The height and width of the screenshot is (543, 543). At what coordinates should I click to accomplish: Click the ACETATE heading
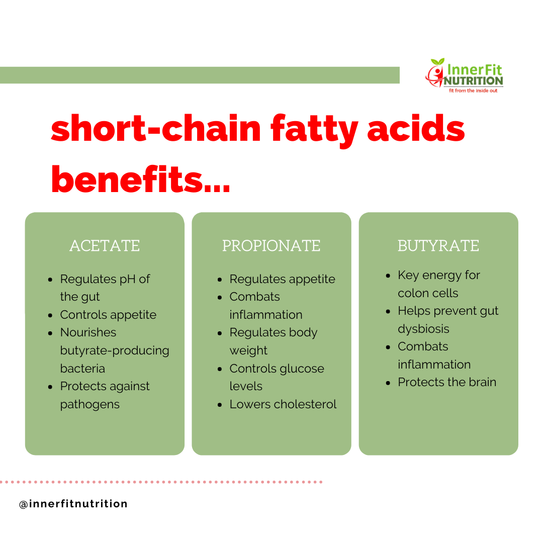tap(105, 246)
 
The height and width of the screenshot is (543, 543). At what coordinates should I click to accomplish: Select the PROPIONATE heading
tap(271, 246)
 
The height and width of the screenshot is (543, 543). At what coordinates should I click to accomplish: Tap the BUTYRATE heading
tap(438, 246)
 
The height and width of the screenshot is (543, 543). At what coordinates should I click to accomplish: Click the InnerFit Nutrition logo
tap(465, 75)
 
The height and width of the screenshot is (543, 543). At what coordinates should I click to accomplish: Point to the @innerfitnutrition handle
tap(73, 503)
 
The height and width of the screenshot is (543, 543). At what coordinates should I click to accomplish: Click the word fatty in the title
tap(314, 130)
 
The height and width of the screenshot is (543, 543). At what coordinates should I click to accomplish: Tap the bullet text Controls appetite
tap(108, 315)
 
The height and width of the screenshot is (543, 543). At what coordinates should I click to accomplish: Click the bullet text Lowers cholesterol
tap(283, 404)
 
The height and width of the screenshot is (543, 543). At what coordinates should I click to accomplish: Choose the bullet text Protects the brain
tap(447, 382)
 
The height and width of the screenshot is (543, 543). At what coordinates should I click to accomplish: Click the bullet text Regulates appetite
tap(282, 280)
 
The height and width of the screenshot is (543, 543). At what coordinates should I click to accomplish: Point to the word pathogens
tap(89, 405)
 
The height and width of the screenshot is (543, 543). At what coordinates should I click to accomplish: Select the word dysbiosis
tap(423, 329)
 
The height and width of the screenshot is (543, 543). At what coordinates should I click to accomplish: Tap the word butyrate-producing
tap(115, 351)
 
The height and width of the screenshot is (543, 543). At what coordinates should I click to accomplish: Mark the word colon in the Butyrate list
tap(412, 293)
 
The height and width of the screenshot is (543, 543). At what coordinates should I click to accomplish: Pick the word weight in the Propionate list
tap(248, 351)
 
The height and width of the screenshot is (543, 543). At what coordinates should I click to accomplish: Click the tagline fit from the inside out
tap(473, 90)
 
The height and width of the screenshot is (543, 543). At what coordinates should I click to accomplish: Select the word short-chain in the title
tap(156, 129)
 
